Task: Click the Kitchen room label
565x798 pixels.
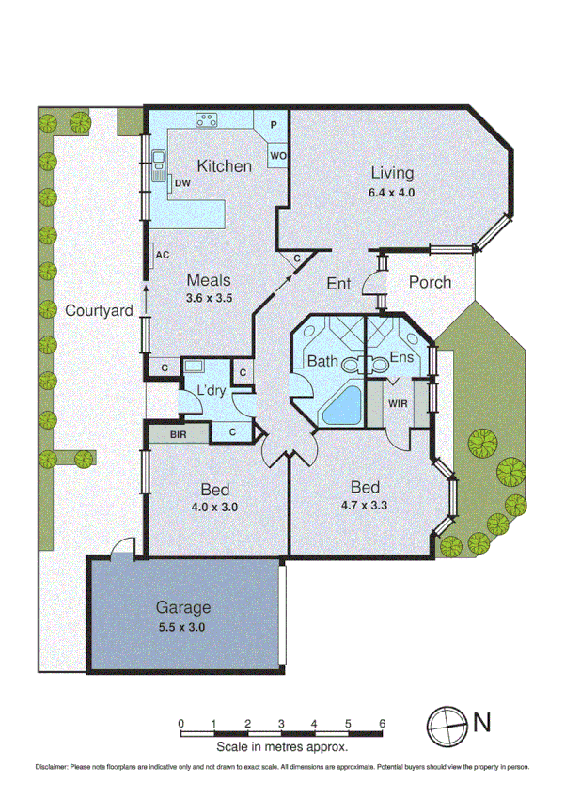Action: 224,166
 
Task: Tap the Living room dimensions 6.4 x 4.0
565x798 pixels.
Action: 392,192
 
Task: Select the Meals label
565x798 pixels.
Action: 209,280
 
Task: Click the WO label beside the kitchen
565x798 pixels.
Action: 277,155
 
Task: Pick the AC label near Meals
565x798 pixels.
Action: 162,255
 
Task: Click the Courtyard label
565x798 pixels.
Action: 97,310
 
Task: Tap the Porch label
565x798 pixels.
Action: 431,282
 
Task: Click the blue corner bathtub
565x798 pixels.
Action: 344,405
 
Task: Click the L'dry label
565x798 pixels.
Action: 211,390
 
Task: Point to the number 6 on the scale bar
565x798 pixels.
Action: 382,724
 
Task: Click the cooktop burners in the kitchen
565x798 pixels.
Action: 207,119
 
